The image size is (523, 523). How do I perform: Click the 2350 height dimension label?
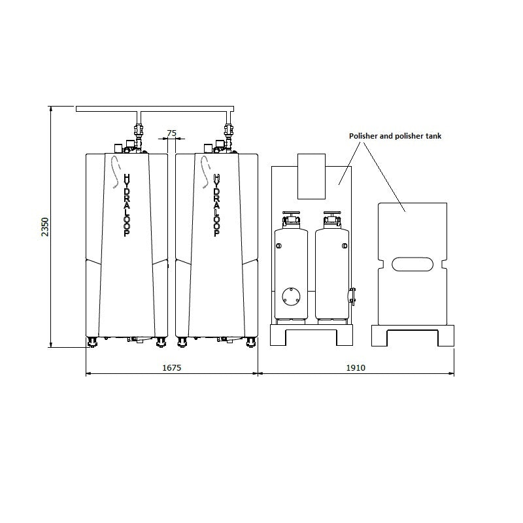(45, 226)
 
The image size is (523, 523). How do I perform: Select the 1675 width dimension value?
(171, 368)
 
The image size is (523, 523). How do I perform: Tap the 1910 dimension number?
(356, 368)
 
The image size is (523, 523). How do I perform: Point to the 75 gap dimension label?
(171, 133)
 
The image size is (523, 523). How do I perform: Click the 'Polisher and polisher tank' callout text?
(395, 136)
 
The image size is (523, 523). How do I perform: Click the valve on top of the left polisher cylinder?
(290, 218)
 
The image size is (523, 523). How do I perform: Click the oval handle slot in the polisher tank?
(412, 265)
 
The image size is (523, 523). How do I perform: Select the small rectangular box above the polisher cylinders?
(311, 176)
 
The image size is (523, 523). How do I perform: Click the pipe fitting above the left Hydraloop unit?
(138, 131)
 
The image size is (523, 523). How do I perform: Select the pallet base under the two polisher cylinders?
(311, 335)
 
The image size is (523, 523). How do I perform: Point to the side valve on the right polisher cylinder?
(351, 295)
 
